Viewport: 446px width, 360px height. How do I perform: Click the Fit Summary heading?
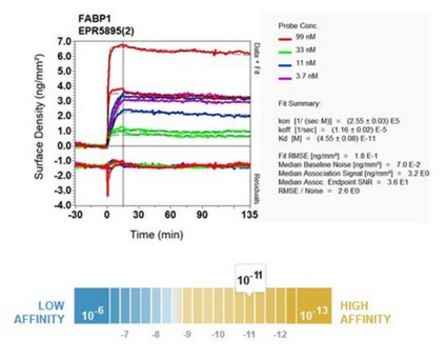(317, 101)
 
